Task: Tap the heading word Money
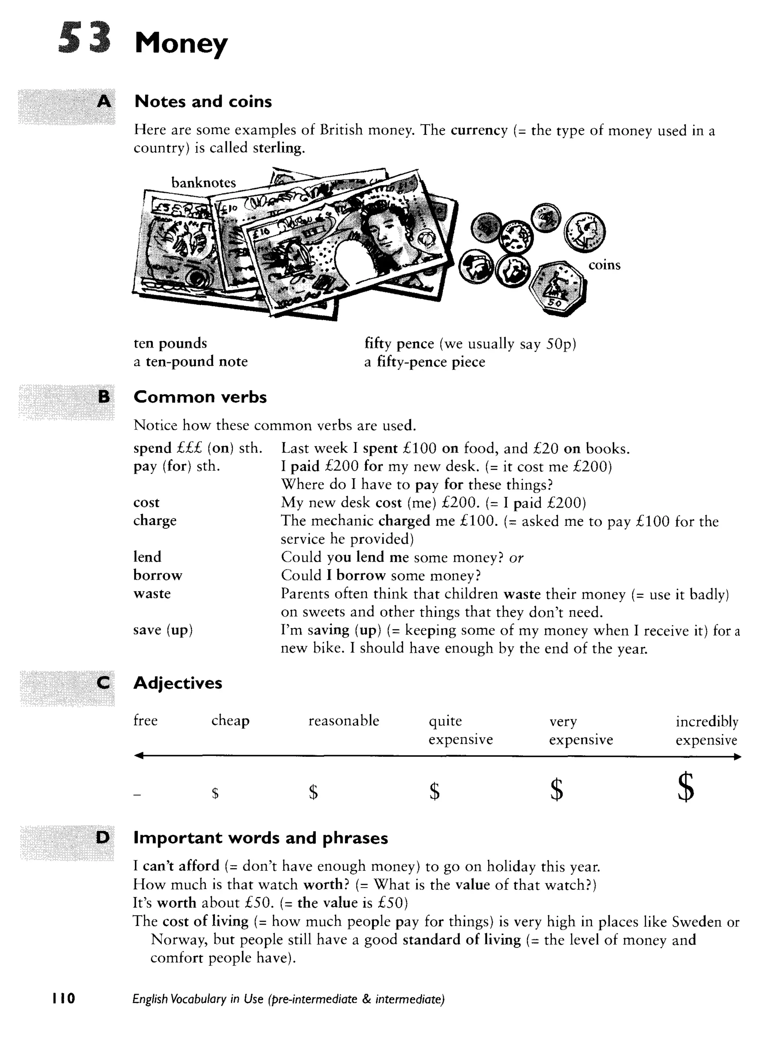pyautogui.click(x=181, y=43)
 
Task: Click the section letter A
pyautogui.click(x=104, y=101)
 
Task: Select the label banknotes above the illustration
pyautogui.click(x=203, y=183)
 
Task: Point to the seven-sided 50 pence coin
pyautogui.click(x=558, y=287)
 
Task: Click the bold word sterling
pyautogui.click(x=278, y=148)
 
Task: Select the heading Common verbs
pyautogui.click(x=200, y=397)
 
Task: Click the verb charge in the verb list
pyautogui.click(x=155, y=520)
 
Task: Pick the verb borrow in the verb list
pyautogui.click(x=157, y=575)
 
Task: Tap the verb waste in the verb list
pyautogui.click(x=152, y=593)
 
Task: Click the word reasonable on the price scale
pyautogui.click(x=343, y=720)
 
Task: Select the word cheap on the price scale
pyautogui.click(x=230, y=720)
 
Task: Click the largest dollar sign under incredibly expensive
pyautogui.click(x=686, y=787)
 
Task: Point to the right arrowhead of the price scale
pyautogui.click(x=737, y=757)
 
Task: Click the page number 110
pyautogui.click(x=63, y=998)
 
